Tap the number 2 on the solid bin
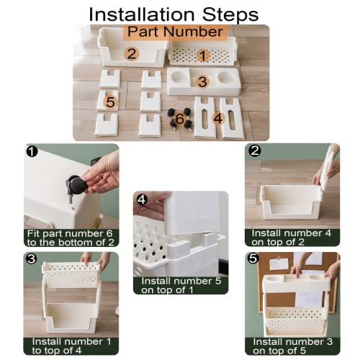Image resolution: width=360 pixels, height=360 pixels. pyautogui.click(x=130, y=53)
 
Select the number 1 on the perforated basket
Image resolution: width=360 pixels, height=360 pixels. pyautogui.click(x=203, y=55)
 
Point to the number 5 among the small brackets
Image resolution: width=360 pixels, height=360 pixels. pyautogui.click(x=110, y=102)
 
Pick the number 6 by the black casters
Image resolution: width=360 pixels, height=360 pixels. pyautogui.click(x=180, y=119)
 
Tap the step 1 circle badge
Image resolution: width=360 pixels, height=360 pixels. pyautogui.click(x=31, y=151)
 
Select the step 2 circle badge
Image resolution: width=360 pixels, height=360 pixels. pyautogui.click(x=253, y=150)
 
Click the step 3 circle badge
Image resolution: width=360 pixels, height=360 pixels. pyautogui.click(x=31, y=258)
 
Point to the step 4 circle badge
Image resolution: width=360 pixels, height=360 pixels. pyautogui.click(x=142, y=199)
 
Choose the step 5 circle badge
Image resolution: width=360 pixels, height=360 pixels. pyautogui.click(x=253, y=258)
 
